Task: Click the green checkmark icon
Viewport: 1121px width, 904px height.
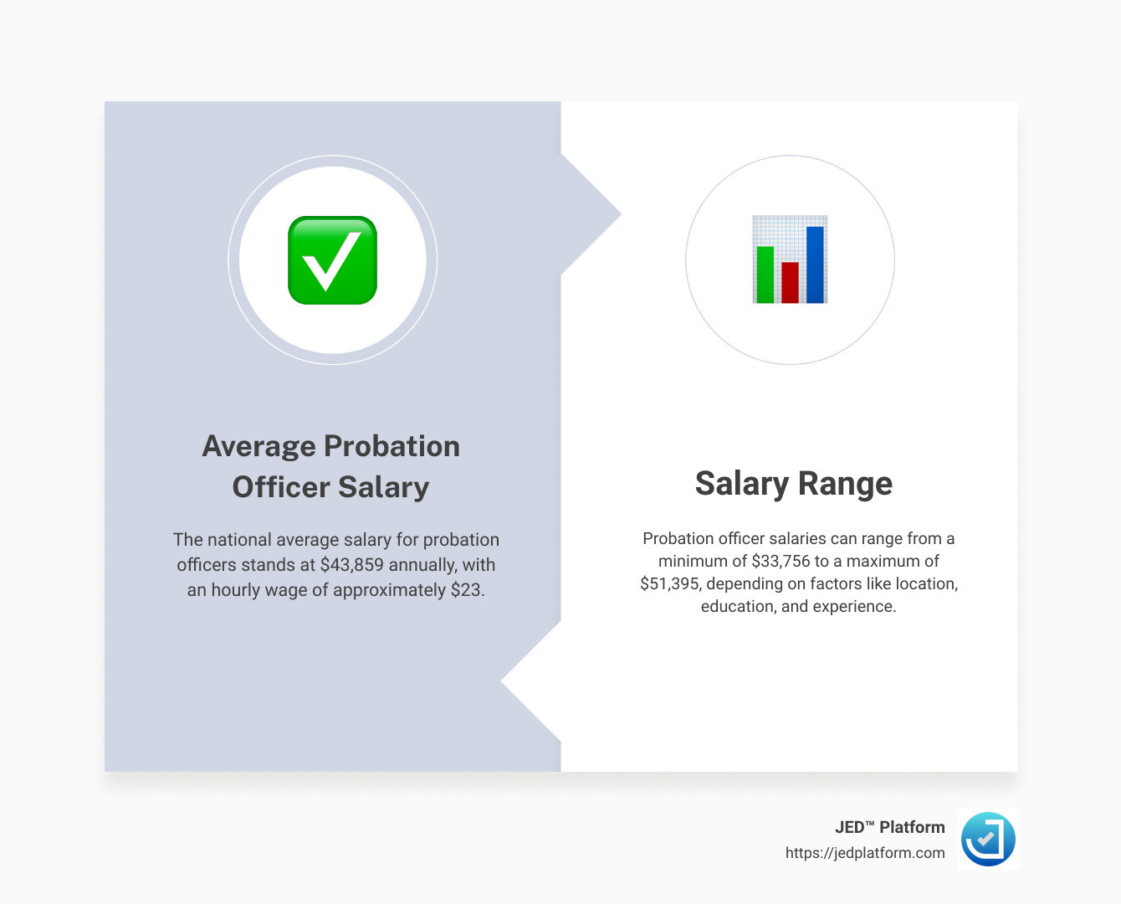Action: tap(332, 260)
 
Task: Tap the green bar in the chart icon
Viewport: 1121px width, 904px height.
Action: tap(765, 275)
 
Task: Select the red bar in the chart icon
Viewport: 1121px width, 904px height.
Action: tap(790, 282)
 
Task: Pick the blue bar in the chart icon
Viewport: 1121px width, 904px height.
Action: tap(815, 264)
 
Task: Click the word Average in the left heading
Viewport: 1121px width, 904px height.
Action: tap(258, 446)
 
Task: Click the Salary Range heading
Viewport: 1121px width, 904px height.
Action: tap(793, 484)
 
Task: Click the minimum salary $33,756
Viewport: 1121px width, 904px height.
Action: tap(781, 561)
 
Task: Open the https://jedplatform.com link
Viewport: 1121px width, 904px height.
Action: tap(864, 853)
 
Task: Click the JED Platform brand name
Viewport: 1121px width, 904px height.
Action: tap(889, 827)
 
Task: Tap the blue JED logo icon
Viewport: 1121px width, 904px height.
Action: tap(988, 839)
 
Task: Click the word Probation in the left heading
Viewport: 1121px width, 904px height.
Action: tap(392, 446)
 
